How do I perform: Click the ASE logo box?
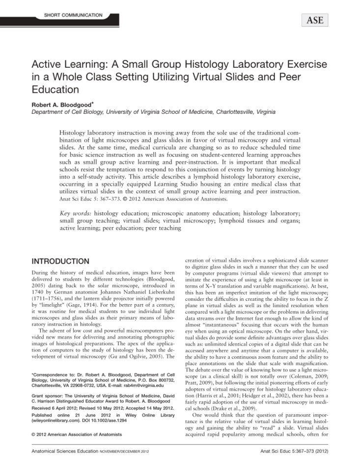311,20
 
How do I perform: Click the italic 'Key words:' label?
75,214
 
